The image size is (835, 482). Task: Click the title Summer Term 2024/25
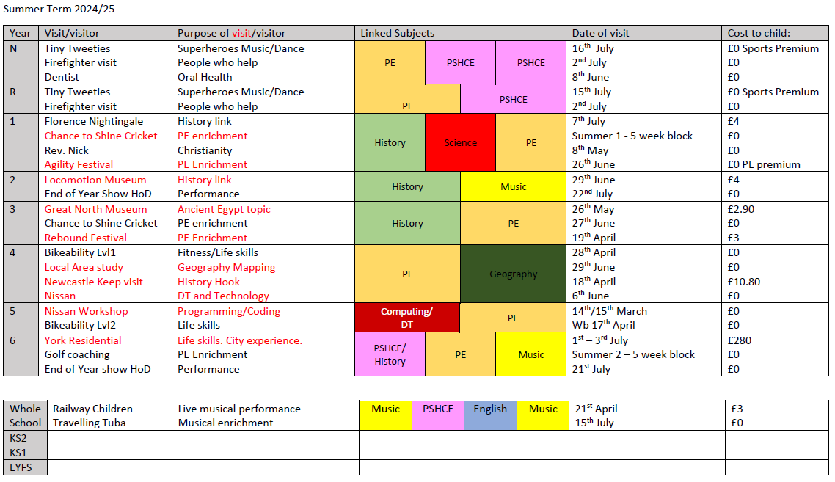coord(59,10)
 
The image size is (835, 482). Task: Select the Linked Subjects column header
coord(397,33)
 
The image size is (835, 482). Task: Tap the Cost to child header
coord(758,33)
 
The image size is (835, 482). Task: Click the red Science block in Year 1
coord(460,143)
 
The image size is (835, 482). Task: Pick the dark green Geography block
coord(513,274)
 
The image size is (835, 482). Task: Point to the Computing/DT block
coord(406,318)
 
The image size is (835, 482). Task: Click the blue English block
coord(490,409)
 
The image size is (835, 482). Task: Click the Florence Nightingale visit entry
coord(94,121)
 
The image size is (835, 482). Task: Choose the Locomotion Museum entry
coord(95,180)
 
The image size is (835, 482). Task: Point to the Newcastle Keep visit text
coord(94,282)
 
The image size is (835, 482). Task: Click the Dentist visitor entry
coord(62,77)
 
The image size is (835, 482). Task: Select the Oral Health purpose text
coord(205,77)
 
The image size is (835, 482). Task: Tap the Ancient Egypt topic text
coord(224,209)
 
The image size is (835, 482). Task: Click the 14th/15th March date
coord(609,311)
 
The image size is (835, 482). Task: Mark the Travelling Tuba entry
coord(89,423)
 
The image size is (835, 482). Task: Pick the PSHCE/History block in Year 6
coord(390,354)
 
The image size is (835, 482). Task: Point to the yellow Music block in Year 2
coord(513,187)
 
